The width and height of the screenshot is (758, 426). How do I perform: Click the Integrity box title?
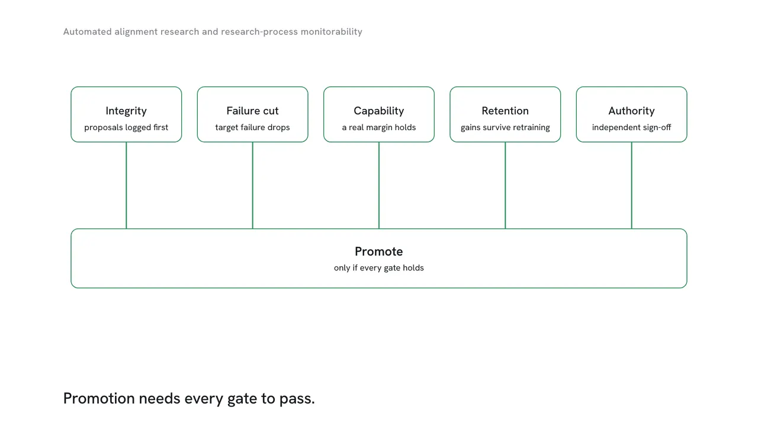coord(126,111)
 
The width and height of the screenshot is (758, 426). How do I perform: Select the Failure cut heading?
coord(252,111)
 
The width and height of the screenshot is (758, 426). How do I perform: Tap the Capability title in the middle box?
coord(378,111)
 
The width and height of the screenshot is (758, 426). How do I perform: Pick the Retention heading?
coord(505,111)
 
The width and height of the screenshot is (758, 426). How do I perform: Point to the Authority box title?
coord(631,111)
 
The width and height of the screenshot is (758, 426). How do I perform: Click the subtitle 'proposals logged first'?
coord(126,127)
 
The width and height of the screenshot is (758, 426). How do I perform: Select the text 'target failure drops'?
coord(252,127)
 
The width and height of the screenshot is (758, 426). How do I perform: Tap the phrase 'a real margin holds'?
coord(378,127)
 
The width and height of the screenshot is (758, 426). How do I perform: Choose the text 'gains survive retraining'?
coord(505,127)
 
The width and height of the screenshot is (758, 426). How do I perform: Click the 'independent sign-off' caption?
coord(631,127)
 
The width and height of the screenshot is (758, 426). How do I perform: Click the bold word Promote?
coord(378,251)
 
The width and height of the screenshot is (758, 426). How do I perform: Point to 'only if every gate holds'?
coord(378,268)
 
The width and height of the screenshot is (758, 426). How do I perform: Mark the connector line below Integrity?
coord(126,185)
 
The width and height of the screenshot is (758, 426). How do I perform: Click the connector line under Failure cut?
coord(252,185)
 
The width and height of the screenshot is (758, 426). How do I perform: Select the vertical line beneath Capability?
coord(378,185)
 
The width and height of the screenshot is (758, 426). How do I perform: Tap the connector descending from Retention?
coord(505,185)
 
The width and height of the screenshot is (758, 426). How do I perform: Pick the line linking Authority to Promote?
coord(631,185)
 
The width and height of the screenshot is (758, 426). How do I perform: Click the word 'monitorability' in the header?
coord(331,32)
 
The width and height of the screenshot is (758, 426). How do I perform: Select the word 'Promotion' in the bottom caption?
coord(99,398)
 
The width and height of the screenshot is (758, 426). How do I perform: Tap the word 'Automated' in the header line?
coord(87,31)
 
